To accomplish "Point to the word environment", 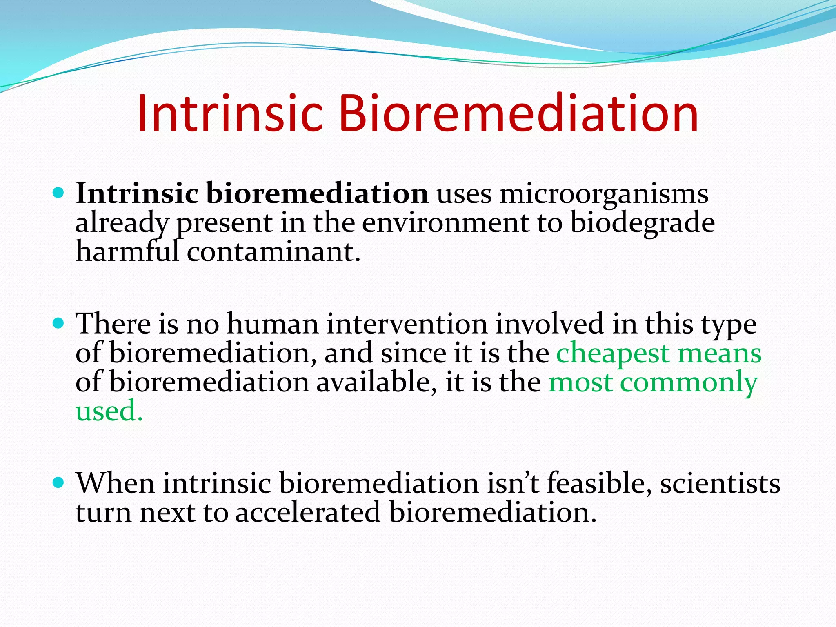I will pos(445,223).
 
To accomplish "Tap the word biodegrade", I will pos(643,223).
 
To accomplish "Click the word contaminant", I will pos(273,252).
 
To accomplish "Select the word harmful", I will pos(127,252).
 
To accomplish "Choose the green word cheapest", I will pos(613,354).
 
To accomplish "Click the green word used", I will pos(109,411).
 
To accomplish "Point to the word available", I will pos(374,382).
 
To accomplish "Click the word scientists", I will pos(720,483).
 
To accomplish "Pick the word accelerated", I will pos(308,512).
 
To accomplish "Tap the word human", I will pos(273,324).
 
